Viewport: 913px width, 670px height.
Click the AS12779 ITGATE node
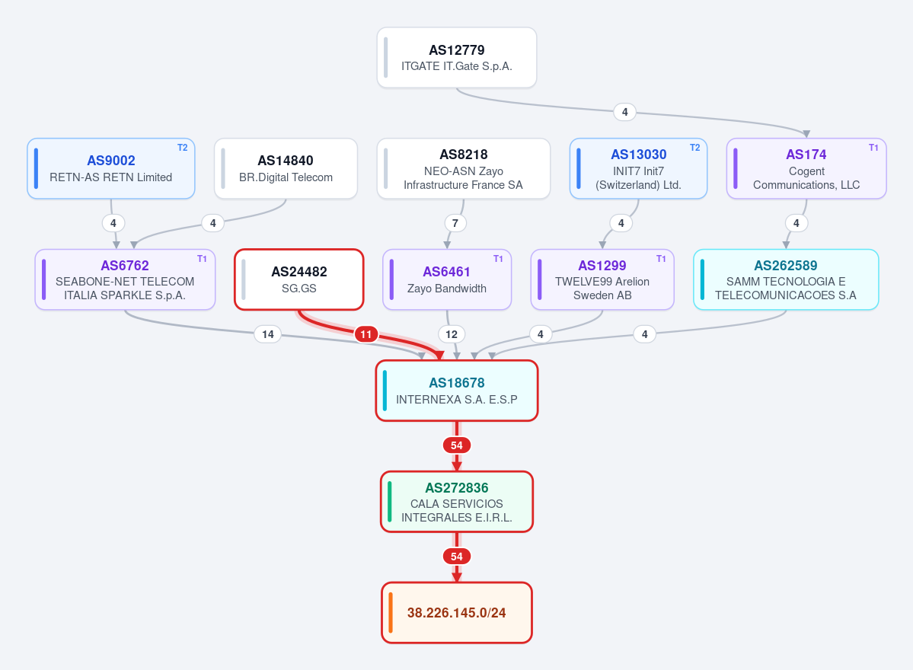[x=457, y=58]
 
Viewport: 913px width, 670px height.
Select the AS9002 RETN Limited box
[x=110, y=168]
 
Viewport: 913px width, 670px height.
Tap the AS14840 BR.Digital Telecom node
[x=286, y=168]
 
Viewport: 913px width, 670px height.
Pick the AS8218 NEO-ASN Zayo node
[x=464, y=168]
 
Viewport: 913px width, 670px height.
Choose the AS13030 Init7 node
[x=638, y=168]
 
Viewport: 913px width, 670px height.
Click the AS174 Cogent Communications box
[x=806, y=168]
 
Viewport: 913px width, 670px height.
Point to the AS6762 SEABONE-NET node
[x=125, y=279]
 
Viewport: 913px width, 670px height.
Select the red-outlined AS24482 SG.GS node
[x=299, y=279]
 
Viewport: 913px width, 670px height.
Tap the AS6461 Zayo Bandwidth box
[x=447, y=279]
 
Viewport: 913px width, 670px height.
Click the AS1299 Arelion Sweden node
[x=602, y=279]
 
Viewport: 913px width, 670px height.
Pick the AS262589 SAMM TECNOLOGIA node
[x=786, y=279]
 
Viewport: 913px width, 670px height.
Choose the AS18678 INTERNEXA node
[x=457, y=391]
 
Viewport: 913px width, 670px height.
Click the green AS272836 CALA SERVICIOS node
[x=457, y=502]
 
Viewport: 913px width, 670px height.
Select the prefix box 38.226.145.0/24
[x=457, y=612]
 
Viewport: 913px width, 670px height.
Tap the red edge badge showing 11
[x=366, y=334]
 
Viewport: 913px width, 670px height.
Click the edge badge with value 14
[x=268, y=334]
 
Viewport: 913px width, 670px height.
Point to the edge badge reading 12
[x=452, y=334]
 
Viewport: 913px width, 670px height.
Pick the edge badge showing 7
[x=455, y=223]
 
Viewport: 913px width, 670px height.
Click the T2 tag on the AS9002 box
[x=182, y=148]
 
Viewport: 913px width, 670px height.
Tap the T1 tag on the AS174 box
[x=873, y=148]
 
